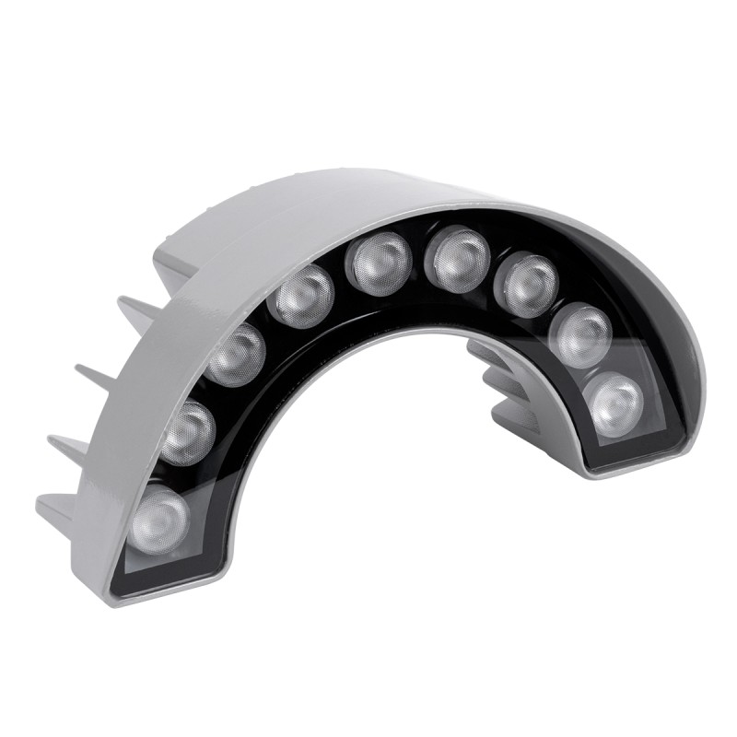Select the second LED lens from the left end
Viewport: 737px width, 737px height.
pyautogui.click(x=187, y=431)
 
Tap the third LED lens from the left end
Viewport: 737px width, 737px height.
pyautogui.click(x=236, y=354)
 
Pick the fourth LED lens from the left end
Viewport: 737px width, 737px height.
pyautogui.click(x=300, y=296)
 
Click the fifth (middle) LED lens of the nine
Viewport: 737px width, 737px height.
pyautogui.click(x=378, y=263)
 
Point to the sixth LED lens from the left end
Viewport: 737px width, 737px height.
pyautogui.click(x=458, y=258)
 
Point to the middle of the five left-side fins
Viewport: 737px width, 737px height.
pyautogui.click(x=92, y=379)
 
